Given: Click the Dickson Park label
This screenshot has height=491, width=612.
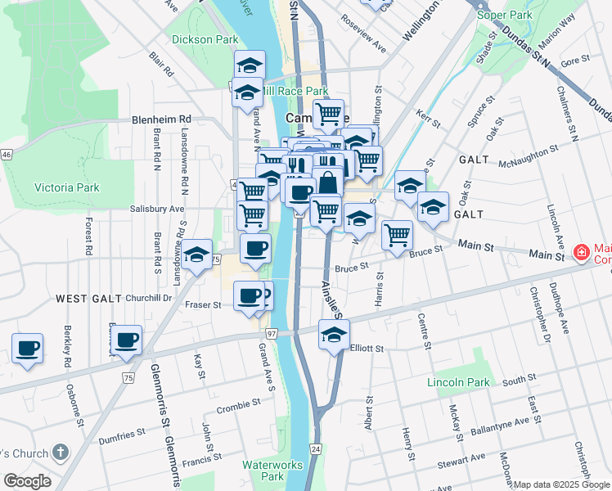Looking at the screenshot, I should click(x=205, y=38).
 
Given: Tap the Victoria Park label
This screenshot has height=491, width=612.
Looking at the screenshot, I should click(x=66, y=187).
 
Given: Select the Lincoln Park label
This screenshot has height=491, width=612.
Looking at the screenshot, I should click(x=457, y=382).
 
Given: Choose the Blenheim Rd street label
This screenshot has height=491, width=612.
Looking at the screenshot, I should click(x=160, y=119).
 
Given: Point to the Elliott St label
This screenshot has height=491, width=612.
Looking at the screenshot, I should click(x=367, y=348).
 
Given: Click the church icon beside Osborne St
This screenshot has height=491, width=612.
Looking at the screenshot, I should click(x=60, y=453).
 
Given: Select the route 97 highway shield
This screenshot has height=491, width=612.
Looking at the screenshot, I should click(x=272, y=334).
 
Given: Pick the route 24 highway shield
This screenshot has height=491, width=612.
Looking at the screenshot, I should click(x=316, y=449).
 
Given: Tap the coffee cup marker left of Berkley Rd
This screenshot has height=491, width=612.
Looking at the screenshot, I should click(x=28, y=349).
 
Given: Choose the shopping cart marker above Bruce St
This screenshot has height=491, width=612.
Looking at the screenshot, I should click(x=397, y=235).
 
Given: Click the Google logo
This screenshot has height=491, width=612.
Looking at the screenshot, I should click(x=27, y=481).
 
